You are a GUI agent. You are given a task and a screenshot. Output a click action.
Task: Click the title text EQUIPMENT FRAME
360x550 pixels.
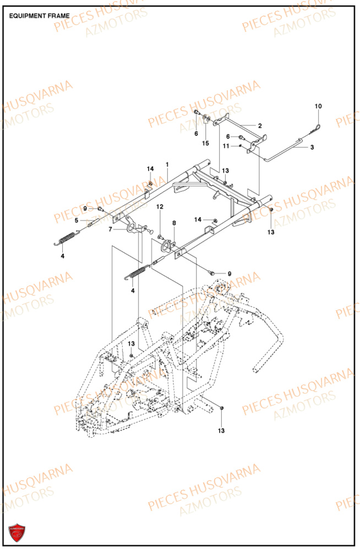coord(40,16)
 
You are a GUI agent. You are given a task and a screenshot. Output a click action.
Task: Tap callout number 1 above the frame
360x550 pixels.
coord(167,164)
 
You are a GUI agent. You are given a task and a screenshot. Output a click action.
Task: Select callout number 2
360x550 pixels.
coord(260,126)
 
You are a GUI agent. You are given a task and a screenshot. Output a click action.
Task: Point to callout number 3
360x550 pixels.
coord(312,147)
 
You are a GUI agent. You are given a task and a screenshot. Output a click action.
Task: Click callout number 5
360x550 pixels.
coord(77,221)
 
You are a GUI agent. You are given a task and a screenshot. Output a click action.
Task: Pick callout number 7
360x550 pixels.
coord(110,229)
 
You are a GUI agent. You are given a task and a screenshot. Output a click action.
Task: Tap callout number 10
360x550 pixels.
coord(318,106)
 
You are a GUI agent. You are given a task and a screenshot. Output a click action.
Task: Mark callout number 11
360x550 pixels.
coord(226,146)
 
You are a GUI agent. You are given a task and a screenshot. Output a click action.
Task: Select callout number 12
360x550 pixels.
coord(160,207)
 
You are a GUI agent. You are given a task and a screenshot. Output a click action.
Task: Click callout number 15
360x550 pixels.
coord(205,144)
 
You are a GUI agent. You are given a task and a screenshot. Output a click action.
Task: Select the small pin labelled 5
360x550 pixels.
coord(93,223)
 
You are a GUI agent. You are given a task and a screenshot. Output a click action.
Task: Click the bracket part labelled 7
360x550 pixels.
coord(130,226)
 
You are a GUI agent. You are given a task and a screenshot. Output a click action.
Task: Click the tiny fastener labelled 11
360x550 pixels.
coord(240,146)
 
